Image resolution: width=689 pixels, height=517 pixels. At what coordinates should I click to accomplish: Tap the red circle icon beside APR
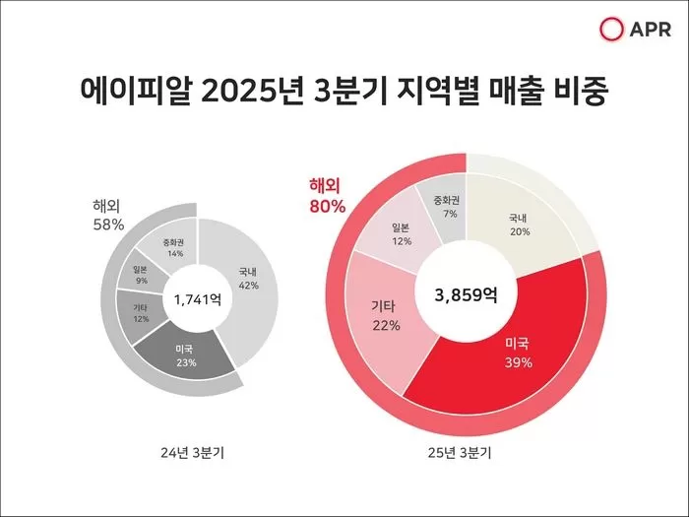click(612, 32)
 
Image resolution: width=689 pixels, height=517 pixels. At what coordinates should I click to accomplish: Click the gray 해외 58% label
click(108, 216)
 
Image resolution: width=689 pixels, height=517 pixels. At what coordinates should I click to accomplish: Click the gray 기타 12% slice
click(142, 313)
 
